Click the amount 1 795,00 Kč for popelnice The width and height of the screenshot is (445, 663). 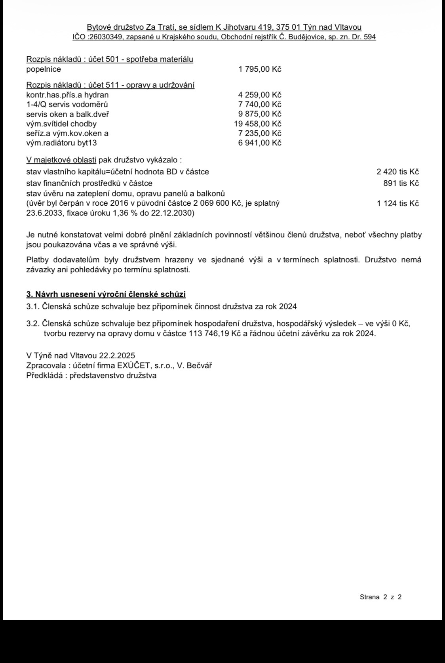(260, 69)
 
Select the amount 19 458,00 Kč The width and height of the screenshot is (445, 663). (258, 124)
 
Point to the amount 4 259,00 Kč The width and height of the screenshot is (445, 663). (260, 95)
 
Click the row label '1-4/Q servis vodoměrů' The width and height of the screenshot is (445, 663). (67, 105)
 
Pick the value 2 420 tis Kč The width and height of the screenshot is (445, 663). (397, 172)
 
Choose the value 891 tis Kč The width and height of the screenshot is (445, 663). (401, 183)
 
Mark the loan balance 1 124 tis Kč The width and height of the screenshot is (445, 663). (397, 203)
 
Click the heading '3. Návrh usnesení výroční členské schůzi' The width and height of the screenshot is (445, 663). (106, 294)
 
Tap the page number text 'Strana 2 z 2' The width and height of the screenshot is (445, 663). (380, 597)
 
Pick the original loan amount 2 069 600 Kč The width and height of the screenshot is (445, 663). (212, 203)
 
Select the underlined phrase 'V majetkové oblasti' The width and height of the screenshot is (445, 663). (61, 160)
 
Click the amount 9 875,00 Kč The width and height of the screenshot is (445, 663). (260, 114)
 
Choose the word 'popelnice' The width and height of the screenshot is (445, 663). (44, 69)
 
